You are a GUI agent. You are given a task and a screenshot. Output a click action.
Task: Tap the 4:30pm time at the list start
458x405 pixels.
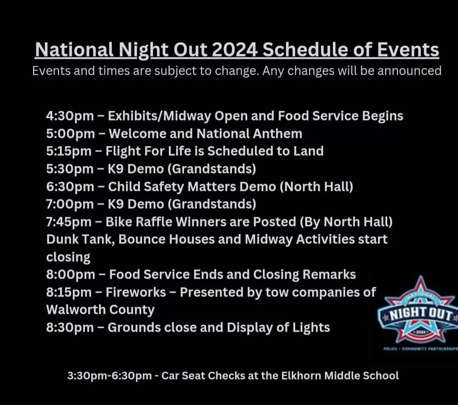pyautogui.click(x=70, y=116)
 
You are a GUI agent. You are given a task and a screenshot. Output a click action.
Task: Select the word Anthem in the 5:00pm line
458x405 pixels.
pyautogui.click(x=277, y=134)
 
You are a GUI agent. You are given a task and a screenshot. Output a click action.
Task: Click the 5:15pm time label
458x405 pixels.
pyautogui.click(x=69, y=151)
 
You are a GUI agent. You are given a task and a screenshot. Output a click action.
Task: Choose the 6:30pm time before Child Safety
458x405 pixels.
pyautogui.click(x=70, y=187)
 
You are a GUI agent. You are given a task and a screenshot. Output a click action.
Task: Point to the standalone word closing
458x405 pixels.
pyautogui.click(x=68, y=257)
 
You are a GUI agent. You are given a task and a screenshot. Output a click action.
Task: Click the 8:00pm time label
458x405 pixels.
pyautogui.click(x=70, y=275)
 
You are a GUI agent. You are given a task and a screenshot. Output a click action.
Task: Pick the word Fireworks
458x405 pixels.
pyautogui.click(x=136, y=292)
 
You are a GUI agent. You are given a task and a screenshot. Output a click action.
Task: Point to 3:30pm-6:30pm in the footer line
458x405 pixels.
pyautogui.click(x=109, y=376)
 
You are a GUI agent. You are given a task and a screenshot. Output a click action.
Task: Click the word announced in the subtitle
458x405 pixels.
pyautogui.click(x=409, y=71)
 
